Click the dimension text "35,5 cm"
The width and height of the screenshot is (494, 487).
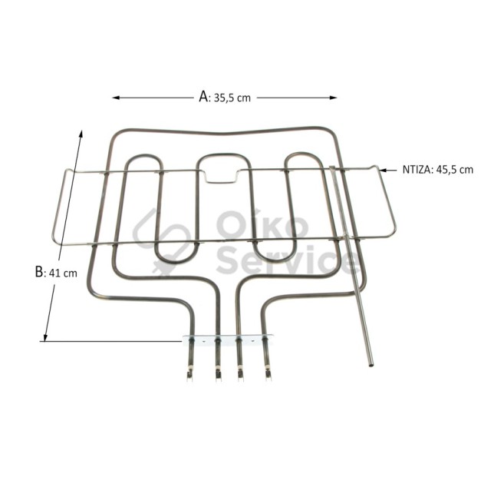232,98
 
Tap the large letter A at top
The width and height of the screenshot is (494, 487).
203,97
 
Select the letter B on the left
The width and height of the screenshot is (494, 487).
39,272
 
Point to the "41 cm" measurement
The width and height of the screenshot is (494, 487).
63,273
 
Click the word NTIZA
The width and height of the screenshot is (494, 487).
415,170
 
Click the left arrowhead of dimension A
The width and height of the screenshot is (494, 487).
116,98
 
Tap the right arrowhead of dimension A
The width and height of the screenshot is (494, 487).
334,98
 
